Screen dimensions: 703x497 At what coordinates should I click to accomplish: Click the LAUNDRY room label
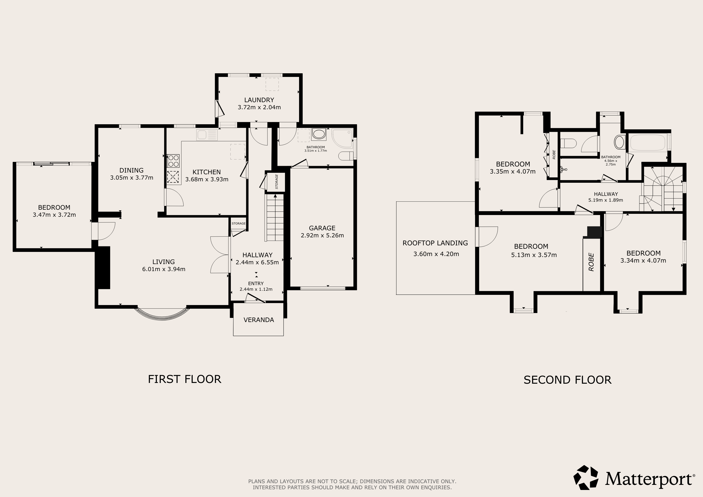click(x=259, y=100)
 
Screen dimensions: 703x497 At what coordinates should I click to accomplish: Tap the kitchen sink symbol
click(x=207, y=135)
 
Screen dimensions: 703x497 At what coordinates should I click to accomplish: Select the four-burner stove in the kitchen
click(x=173, y=161)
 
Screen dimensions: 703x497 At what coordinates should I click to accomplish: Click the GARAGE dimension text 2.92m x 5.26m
click(x=322, y=235)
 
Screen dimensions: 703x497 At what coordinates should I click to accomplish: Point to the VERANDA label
click(x=259, y=320)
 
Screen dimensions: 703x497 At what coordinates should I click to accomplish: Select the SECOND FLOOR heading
click(x=568, y=380)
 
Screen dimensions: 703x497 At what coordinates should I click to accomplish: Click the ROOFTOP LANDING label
click(x=435, y=243)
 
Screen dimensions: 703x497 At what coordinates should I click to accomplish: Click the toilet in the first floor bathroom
click(x=346, y=156)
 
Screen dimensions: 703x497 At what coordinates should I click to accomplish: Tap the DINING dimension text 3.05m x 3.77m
click(x=132, y=177)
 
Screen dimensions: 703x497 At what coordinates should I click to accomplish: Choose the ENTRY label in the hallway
click(x=256, y=283)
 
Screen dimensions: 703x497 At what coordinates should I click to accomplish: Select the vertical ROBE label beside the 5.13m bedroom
click(x=591, y=262)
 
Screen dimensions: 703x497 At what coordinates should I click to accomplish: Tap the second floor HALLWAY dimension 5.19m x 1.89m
click(x=606, y=200)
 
